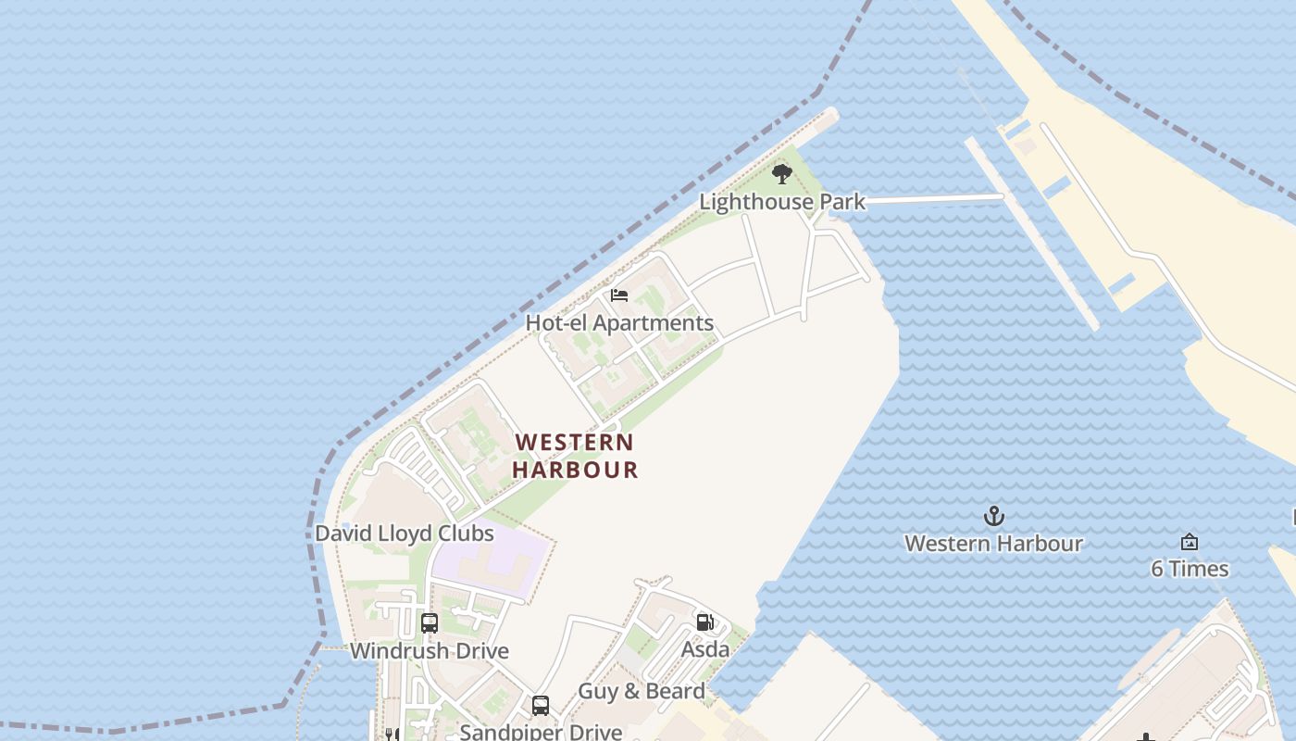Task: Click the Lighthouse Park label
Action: coord(782,201)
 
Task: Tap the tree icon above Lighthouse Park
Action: coord(782,173)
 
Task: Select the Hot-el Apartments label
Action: coord(619,322)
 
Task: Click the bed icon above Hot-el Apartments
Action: coord(619,295)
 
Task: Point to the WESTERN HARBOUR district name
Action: coord(575,456)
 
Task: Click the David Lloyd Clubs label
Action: coord(405,534)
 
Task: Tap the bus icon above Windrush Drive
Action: coord(430,622)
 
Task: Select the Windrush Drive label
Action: coord(430,650)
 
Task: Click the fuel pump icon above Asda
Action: coord(705,622)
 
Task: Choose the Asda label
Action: coord(705,649)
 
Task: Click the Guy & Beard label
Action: coord(642,691)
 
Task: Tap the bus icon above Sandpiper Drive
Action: coord(541,706)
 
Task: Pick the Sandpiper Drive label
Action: coord(541,732)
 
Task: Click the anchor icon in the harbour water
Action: coord(993,516)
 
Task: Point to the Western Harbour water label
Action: coord(993,543)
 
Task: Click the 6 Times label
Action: coord(1190,569)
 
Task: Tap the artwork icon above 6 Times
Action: coord(1190,542)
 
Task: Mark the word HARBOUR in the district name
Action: coord(575,470)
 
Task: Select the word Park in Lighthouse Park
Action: coord(841,201)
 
